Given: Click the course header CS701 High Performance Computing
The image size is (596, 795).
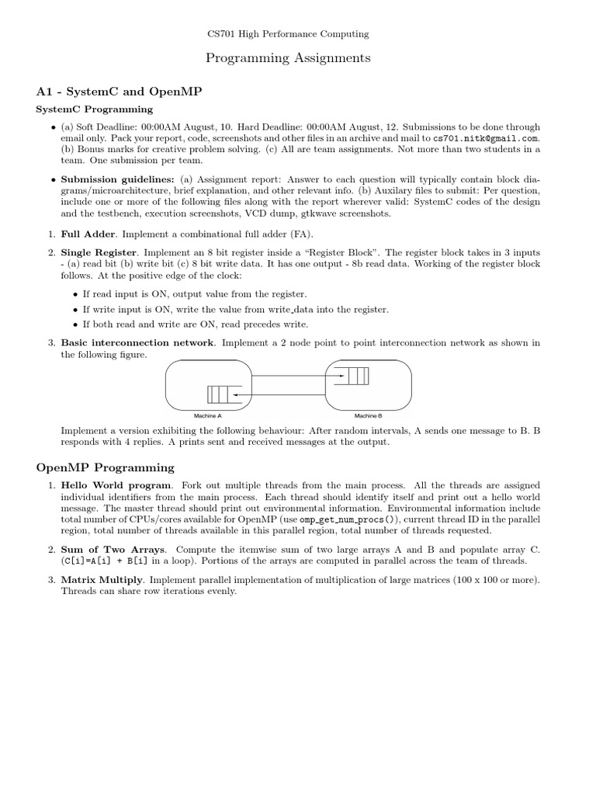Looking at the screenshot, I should (x=288, y=34).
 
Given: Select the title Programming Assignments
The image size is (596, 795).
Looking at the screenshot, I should (x=288, y=58).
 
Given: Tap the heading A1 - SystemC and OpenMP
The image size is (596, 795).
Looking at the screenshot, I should (x=120, y=92).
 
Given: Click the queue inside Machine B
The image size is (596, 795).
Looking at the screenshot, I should (x=357, y=377).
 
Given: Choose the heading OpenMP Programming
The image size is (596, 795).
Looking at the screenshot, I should (x=106, y=467).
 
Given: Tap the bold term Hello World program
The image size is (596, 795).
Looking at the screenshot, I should (x=116, y=485).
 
